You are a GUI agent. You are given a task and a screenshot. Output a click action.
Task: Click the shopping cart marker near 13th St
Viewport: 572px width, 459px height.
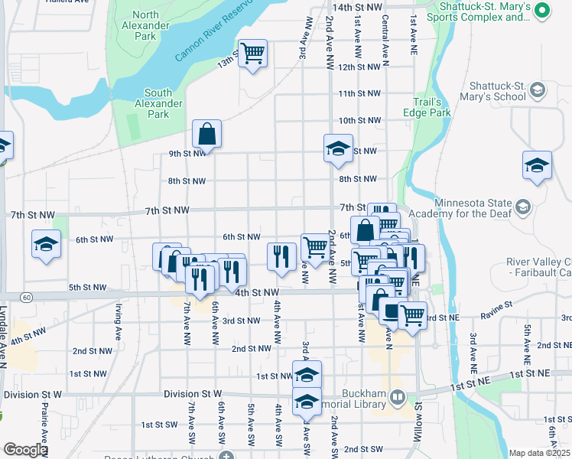[252, 54]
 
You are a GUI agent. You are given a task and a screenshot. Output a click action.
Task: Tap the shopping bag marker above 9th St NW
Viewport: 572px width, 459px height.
[206, 135]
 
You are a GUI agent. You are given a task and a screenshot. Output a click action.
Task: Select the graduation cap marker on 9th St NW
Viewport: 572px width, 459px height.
[337, 148]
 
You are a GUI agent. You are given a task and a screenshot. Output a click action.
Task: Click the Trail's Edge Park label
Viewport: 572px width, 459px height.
[427, 107]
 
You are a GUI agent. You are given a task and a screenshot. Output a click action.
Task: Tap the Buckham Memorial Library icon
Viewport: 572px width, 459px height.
[398, 397]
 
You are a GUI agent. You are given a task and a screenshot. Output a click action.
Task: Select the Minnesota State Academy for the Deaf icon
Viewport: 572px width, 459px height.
[523, 207]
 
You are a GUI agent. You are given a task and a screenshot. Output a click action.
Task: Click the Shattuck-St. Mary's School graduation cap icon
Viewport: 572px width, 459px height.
[538, 91]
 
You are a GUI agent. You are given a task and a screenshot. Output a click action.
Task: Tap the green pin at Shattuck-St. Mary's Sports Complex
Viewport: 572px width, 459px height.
[542, 10]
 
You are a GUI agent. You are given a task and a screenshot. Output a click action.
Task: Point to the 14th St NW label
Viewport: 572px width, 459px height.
[356, 7]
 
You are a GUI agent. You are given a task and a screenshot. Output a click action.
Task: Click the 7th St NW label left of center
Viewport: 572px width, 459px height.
[167, 210]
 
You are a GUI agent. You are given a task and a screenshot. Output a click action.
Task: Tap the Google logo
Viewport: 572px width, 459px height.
[25, 450]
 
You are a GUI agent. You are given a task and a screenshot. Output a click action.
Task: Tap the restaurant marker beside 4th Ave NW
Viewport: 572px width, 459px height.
[281, 256]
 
